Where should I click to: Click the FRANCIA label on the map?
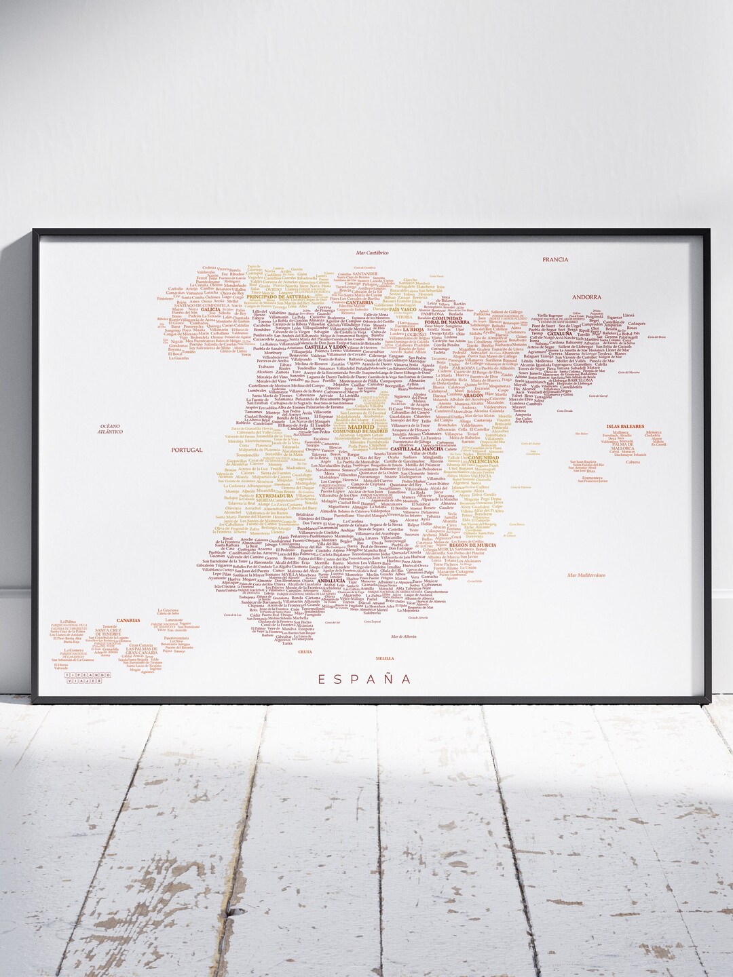click(x=555, y=259)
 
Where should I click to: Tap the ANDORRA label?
click(x=567, y=297)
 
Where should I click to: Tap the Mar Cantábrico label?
click(x=372, y=252)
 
